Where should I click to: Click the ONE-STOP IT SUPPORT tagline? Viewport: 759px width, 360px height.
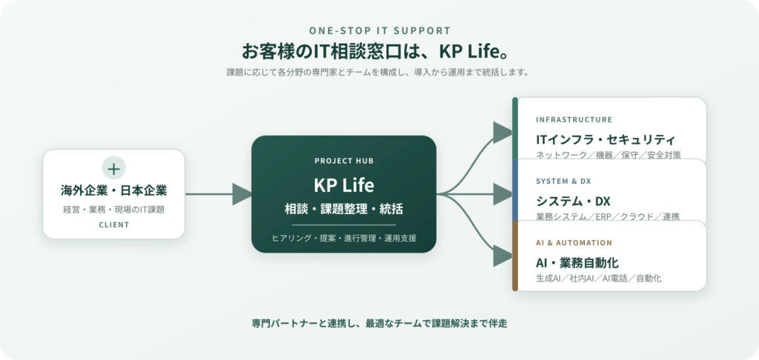(x=380, y=31)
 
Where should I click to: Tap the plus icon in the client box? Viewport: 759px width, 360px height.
(x=113, y=168)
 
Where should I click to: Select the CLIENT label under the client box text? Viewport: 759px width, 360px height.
(x=113, y=224)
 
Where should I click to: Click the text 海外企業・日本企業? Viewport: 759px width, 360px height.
(x=113, y=190)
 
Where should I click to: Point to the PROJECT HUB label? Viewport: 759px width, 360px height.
(x=344, y=161)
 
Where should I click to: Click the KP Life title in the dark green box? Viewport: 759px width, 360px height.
(x=344, y=185)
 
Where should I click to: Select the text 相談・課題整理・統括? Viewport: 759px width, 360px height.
(x=344, y=209)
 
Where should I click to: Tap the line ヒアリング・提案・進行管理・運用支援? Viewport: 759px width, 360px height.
(x=344, y=238)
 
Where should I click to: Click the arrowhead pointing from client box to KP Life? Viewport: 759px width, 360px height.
(x=242, y=194)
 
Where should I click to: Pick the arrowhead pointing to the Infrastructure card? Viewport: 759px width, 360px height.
(x=503, y=132)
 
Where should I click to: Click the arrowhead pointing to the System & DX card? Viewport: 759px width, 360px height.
(x=503, y=194)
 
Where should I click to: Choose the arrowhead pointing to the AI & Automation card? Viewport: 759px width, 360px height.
(x=503, y=256)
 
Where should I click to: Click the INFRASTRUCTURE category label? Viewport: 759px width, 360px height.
(x=574, y=119)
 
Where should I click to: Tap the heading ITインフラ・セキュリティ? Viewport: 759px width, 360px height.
(x=606, y=140)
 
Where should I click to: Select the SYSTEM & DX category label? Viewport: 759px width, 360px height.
(x=563, y=181)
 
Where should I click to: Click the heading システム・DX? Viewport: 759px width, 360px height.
(x=573, y=201)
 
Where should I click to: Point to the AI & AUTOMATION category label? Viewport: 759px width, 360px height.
(x=574, y=243)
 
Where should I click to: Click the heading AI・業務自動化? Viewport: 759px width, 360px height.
(x=577, y=263)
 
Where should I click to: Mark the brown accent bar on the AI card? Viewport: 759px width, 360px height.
(x=515, y=256)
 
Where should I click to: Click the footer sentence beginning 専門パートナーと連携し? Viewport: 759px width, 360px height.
(x=379, y=324)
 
